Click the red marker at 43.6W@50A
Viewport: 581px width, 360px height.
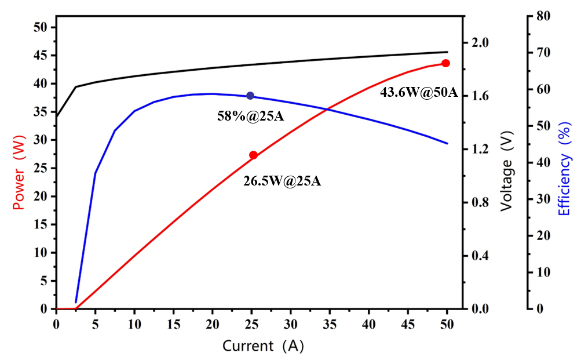pyautogui.click(x=445, y=63)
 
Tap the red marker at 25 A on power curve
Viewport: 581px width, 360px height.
pyautogui.click(x=253, y=155)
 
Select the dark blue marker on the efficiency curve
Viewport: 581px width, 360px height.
pyautogui.click(x=250, y=96)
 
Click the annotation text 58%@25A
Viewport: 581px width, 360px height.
pyautogui.click(x=250, y=116)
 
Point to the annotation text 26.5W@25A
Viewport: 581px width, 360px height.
pyautogui.click(x=282, y=181)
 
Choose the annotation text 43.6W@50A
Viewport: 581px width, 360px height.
pyautogui.click(x=419, y=92)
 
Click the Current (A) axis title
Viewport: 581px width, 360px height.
pyautogui.click(x=263, y=346)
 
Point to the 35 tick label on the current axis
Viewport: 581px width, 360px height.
pyautogui.click(x=330, y=322)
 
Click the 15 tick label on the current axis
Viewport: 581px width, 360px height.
pyautogui.click(x=174, y=322)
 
